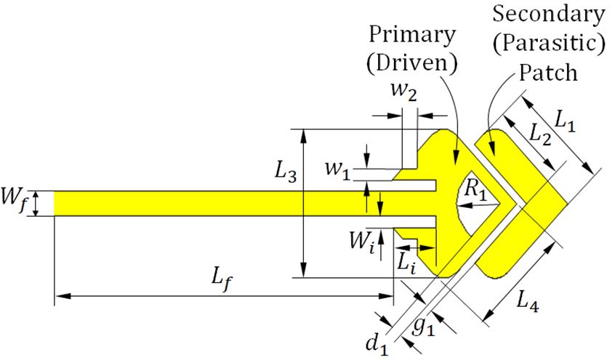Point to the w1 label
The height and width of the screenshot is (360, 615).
338,172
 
